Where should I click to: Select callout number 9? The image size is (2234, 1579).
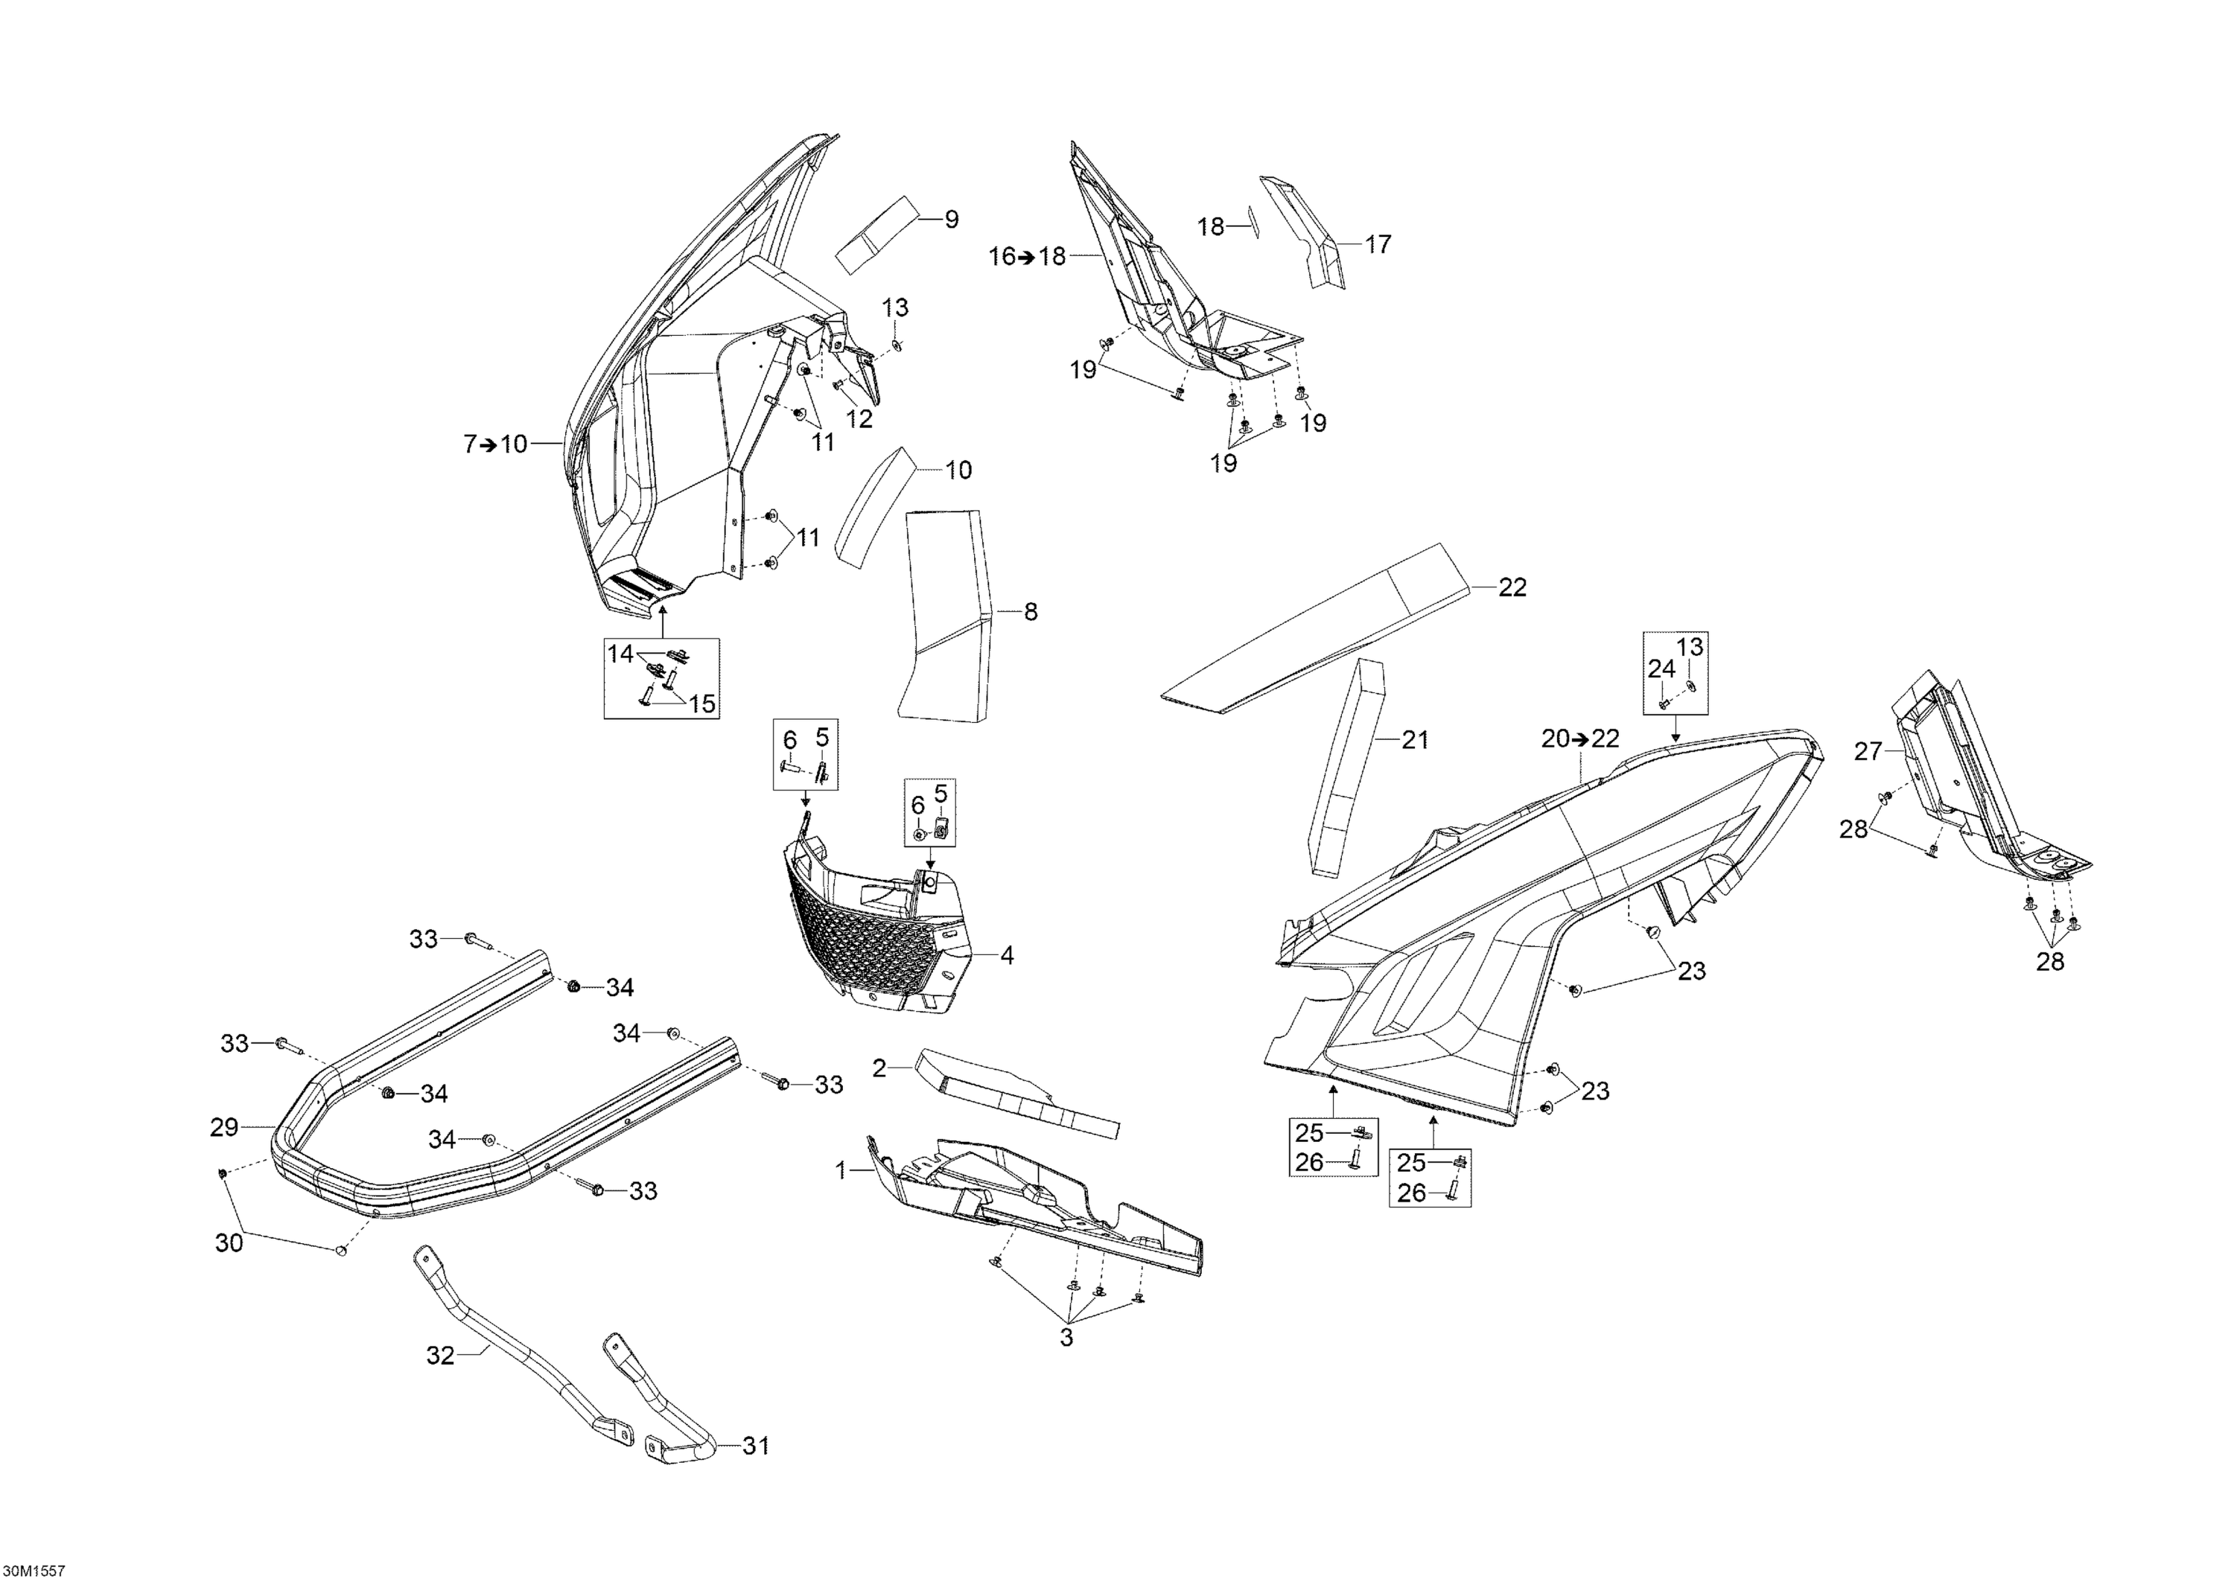point(951,220)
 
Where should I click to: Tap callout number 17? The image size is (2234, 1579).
point(1378,244)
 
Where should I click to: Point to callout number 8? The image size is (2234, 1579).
point(1031,612)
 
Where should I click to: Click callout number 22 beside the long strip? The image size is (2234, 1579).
point(1512,587)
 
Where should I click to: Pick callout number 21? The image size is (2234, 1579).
point(1415,741)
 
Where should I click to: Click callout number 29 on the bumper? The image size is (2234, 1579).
point(224,1128)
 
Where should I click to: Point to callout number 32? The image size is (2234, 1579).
point(441,1355)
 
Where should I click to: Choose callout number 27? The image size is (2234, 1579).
point(1868,751)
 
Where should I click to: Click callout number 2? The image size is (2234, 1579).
point(879,1069)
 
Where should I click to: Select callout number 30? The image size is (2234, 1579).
point(229,1243)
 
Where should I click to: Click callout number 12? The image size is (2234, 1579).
point(859,418)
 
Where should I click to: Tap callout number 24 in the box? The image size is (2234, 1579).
point(1661,669)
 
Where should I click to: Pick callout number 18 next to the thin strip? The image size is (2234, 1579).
point(1210,226)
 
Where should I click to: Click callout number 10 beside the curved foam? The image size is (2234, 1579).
point(958,470)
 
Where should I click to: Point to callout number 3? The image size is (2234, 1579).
point(1066,1338)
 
